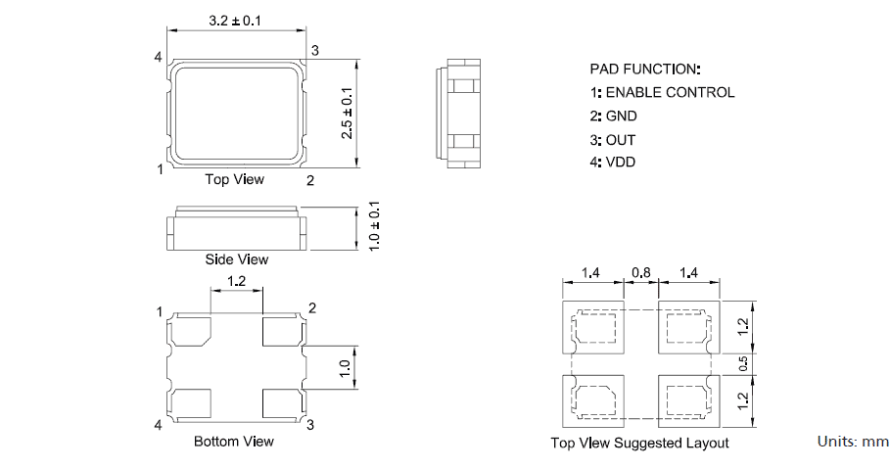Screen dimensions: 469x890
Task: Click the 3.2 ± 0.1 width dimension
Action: [235, 20]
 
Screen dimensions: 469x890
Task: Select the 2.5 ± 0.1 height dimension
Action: [347, 113]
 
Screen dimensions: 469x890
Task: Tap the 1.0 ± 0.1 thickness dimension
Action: [373, 226]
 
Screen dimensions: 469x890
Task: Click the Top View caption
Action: [234, 180]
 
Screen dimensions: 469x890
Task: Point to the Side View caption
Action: [236, 259]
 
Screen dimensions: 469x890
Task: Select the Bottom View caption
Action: [234, 442]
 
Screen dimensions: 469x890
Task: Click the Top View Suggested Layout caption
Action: [639, 444]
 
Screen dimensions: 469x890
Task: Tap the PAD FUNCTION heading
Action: [645, 70]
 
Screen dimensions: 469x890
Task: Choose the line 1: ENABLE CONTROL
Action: [662, 93]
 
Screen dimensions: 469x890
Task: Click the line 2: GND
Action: [613, 116]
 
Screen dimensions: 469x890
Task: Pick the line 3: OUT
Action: [613, 139]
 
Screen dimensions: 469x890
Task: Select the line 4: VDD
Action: [613, 162]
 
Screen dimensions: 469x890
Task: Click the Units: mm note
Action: [852, 442]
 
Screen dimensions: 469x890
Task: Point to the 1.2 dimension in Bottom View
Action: [237, 281]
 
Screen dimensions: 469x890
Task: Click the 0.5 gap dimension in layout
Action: [745, 363]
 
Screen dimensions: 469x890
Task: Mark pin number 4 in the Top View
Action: [158, 58]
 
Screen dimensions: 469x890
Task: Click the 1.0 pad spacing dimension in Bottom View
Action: [345, 368]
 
